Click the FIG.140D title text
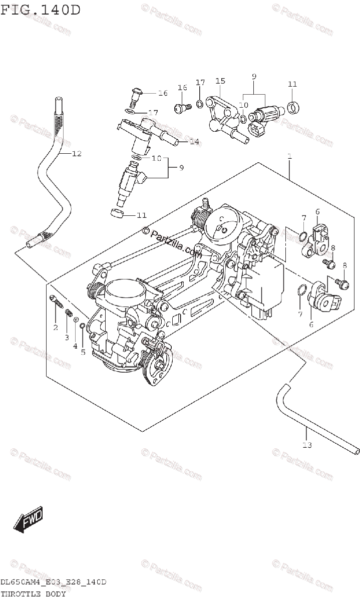[41, 10]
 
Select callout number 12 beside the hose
[76, 154]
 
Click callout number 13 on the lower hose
[306, 444]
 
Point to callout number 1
[289, 157]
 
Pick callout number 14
[194, 142]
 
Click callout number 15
[220, 81]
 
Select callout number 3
[66, 337]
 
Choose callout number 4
[75, 345]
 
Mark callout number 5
[83, 352]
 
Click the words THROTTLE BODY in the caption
[33, 594]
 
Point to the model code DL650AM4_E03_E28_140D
[53, 582]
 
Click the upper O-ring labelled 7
[303, 236]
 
